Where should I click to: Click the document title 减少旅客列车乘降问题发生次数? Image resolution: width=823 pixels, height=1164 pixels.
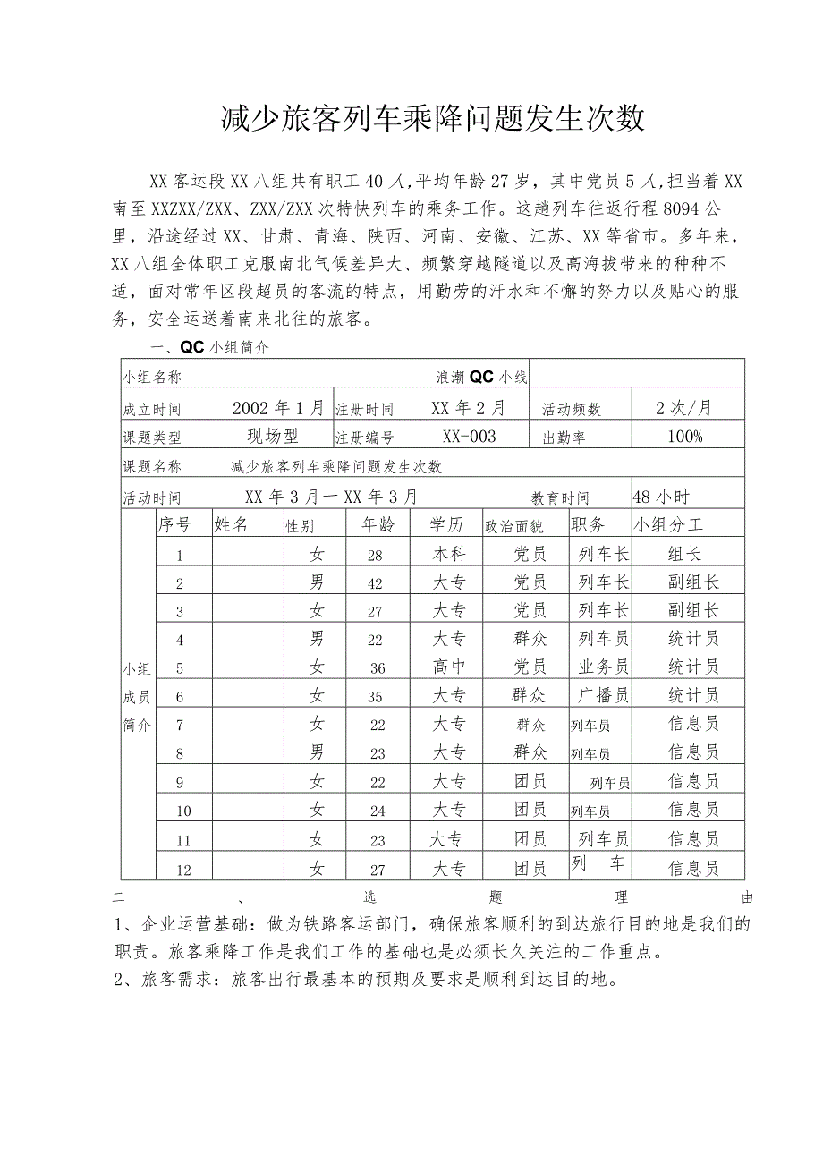[433, 118]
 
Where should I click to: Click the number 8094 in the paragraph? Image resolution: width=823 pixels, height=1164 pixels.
[685, 210]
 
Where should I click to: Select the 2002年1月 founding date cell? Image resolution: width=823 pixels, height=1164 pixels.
[278, 408]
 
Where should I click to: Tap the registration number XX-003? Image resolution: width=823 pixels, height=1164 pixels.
[469, 437]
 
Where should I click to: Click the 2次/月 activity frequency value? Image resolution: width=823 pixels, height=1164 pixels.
[685, 408]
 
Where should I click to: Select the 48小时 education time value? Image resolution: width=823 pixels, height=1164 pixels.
[660, 497]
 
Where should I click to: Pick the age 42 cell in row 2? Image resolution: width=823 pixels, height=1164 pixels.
[375, 583]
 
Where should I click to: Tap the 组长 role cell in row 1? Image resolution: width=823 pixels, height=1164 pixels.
[685, 555]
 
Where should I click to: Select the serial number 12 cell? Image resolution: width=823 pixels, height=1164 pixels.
[183, 869]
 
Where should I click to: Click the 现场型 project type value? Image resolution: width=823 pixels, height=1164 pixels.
[273, 437]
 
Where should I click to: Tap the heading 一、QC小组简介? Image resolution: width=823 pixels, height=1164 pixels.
[208, 348]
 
